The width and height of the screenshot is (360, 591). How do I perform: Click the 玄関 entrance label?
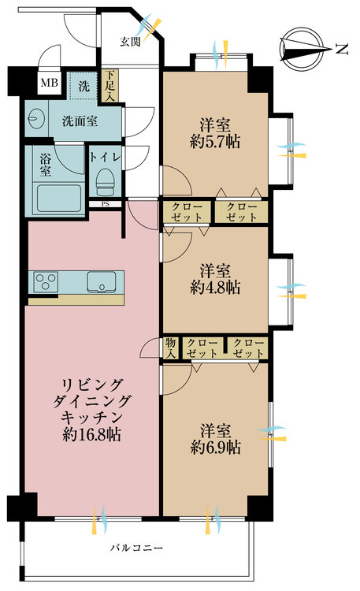(x=130, y=42)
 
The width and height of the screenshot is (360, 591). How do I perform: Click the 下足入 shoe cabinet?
(x=109, y=87)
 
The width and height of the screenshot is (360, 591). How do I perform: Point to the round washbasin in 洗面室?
(x=35, y=120)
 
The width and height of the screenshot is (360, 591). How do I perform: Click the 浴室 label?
(x=46, y=163)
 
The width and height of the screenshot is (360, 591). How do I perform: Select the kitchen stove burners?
(x=44, y=281)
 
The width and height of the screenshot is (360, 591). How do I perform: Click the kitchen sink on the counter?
(x=102, y=281)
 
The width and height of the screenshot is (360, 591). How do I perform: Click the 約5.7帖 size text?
(x=214, y=142)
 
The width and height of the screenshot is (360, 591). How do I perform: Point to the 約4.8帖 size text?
(x=214, y=288)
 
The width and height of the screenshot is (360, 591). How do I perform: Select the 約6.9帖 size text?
(x=214, y=448)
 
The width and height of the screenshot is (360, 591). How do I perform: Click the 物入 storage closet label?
(x=170, y=348)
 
